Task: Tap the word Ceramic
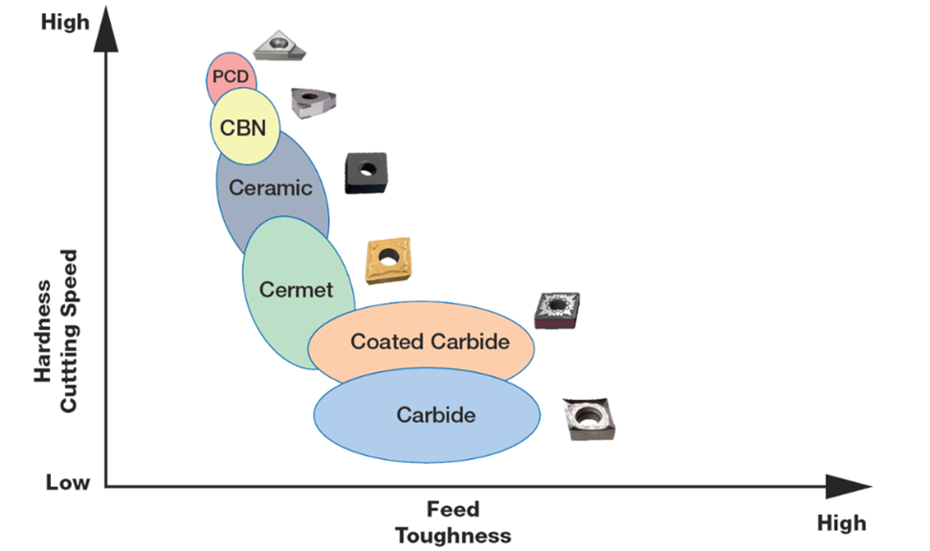click(270, 187)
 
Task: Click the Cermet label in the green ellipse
click(296, 289)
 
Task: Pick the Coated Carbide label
click(430, 341)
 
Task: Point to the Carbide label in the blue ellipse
click(435, 415)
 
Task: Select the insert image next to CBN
click(313, 101)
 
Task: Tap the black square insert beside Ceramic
click(365, 171)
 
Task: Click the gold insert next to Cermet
click(387, 259)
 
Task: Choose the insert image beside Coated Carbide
click(557, 310)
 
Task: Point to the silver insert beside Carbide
click(589, 418)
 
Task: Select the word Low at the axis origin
click(68, 482)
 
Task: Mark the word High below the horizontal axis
click(841, 522)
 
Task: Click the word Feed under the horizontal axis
click(453, 510)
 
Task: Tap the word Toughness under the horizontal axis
click(453, 535)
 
